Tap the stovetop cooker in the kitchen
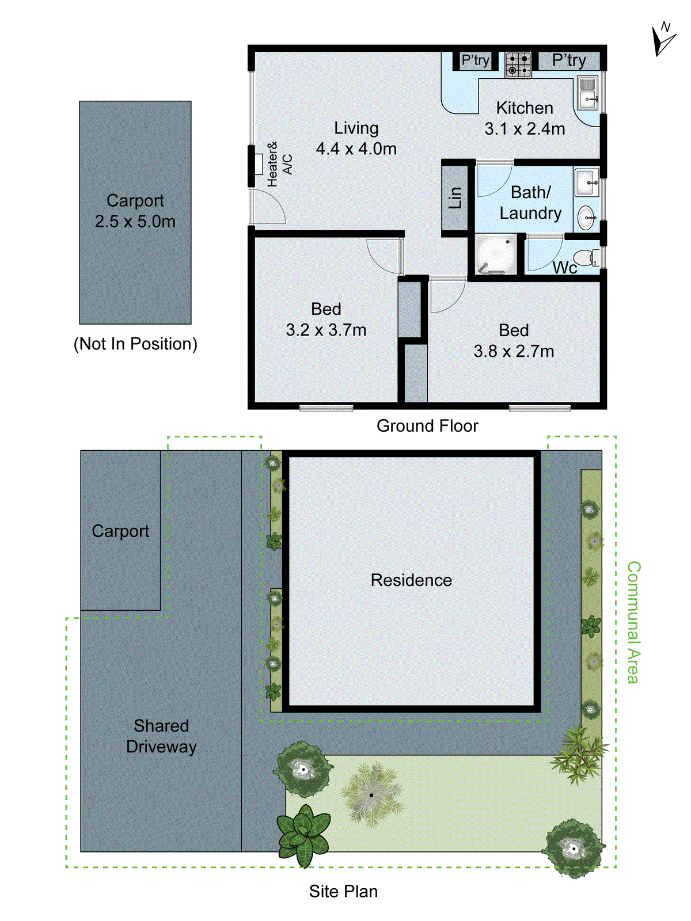tap(518, 64)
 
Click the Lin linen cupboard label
tap(455, 197)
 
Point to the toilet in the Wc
tap(586, 257)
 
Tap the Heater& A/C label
tap(280, 164)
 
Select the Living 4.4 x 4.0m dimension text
tap(356, 139)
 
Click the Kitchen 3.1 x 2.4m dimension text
tap(525, 119)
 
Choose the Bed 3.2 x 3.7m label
tap(326, 319)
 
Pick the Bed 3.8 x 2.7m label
tap(514, 341)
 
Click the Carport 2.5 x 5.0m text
tap(135, 211)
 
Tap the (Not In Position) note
tap(135, 344)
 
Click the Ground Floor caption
tap(427, 426)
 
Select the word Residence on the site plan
tap(411, 580)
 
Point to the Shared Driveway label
tap(161, 736)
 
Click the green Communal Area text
tap(633, 622)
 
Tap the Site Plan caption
tap(343, 891)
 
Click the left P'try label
tap(475, 60)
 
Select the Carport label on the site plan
tap(120, 531)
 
